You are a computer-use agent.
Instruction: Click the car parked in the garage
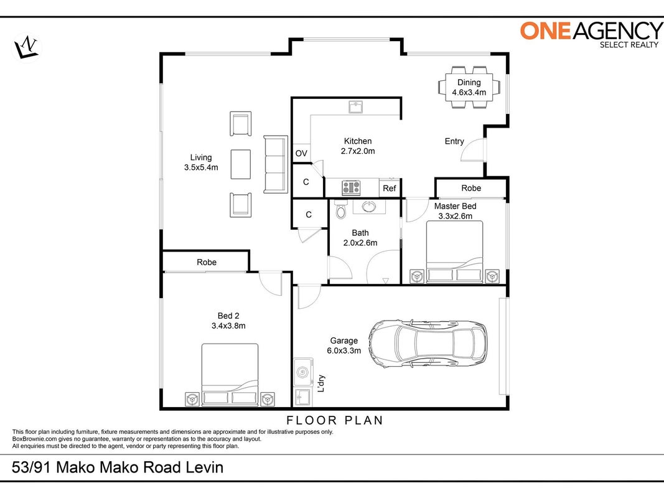pyautogui.click(x=428, y=344)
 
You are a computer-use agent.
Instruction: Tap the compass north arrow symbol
pyautogui.click(x=26, y=47)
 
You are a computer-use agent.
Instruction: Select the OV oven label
pyautogui.click(x=301, y=153)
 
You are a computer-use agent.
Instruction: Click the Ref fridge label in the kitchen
pyautogui.click(x=389, y=188)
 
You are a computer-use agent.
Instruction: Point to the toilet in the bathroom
pyautogui.click(x=340, y=209)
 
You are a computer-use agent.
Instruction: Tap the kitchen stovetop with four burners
pyautogui.click(x=351, y=187)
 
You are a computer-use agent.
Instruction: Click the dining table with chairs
pyautogui.click(x=469, y=87)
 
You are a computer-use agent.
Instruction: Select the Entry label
pyautogui.click(x=454, y=141)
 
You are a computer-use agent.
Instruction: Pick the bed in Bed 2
pyautogui.click(x=230, y=375)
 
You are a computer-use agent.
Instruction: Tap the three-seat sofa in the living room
pyautogui.click(x=276, y=164)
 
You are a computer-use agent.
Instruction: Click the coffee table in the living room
pyautogui.click(x=241, y=164)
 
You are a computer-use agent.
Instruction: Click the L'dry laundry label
pyautogui.click(x=321, y=383)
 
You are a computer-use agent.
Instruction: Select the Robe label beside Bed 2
pyautogui.click(x=207, y=262)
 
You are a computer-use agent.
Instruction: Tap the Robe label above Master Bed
pyautogui.click(x=471, y=188)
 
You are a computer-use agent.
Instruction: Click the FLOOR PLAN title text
pyautogui.click(x=335, y=421)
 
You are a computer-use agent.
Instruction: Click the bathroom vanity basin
pyautogui.click(x=369, y=207)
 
